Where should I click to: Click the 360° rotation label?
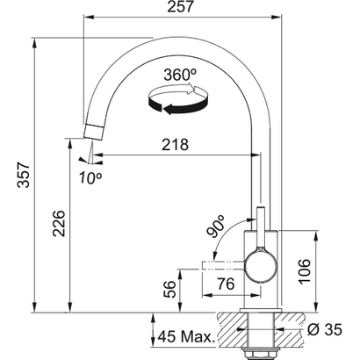click(x=179, y=75)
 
